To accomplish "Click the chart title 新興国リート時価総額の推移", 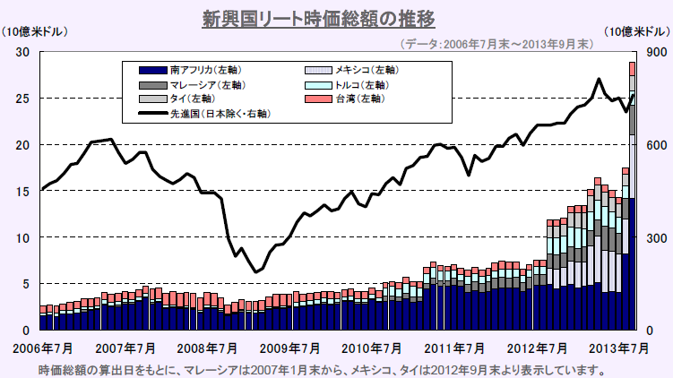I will tap(335, 17).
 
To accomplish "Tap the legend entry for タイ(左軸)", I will tap(189, 99).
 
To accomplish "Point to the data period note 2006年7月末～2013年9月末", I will tap(496, 42).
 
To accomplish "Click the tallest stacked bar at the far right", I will tap(632, 197).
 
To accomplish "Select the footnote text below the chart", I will tap(323, 368).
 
